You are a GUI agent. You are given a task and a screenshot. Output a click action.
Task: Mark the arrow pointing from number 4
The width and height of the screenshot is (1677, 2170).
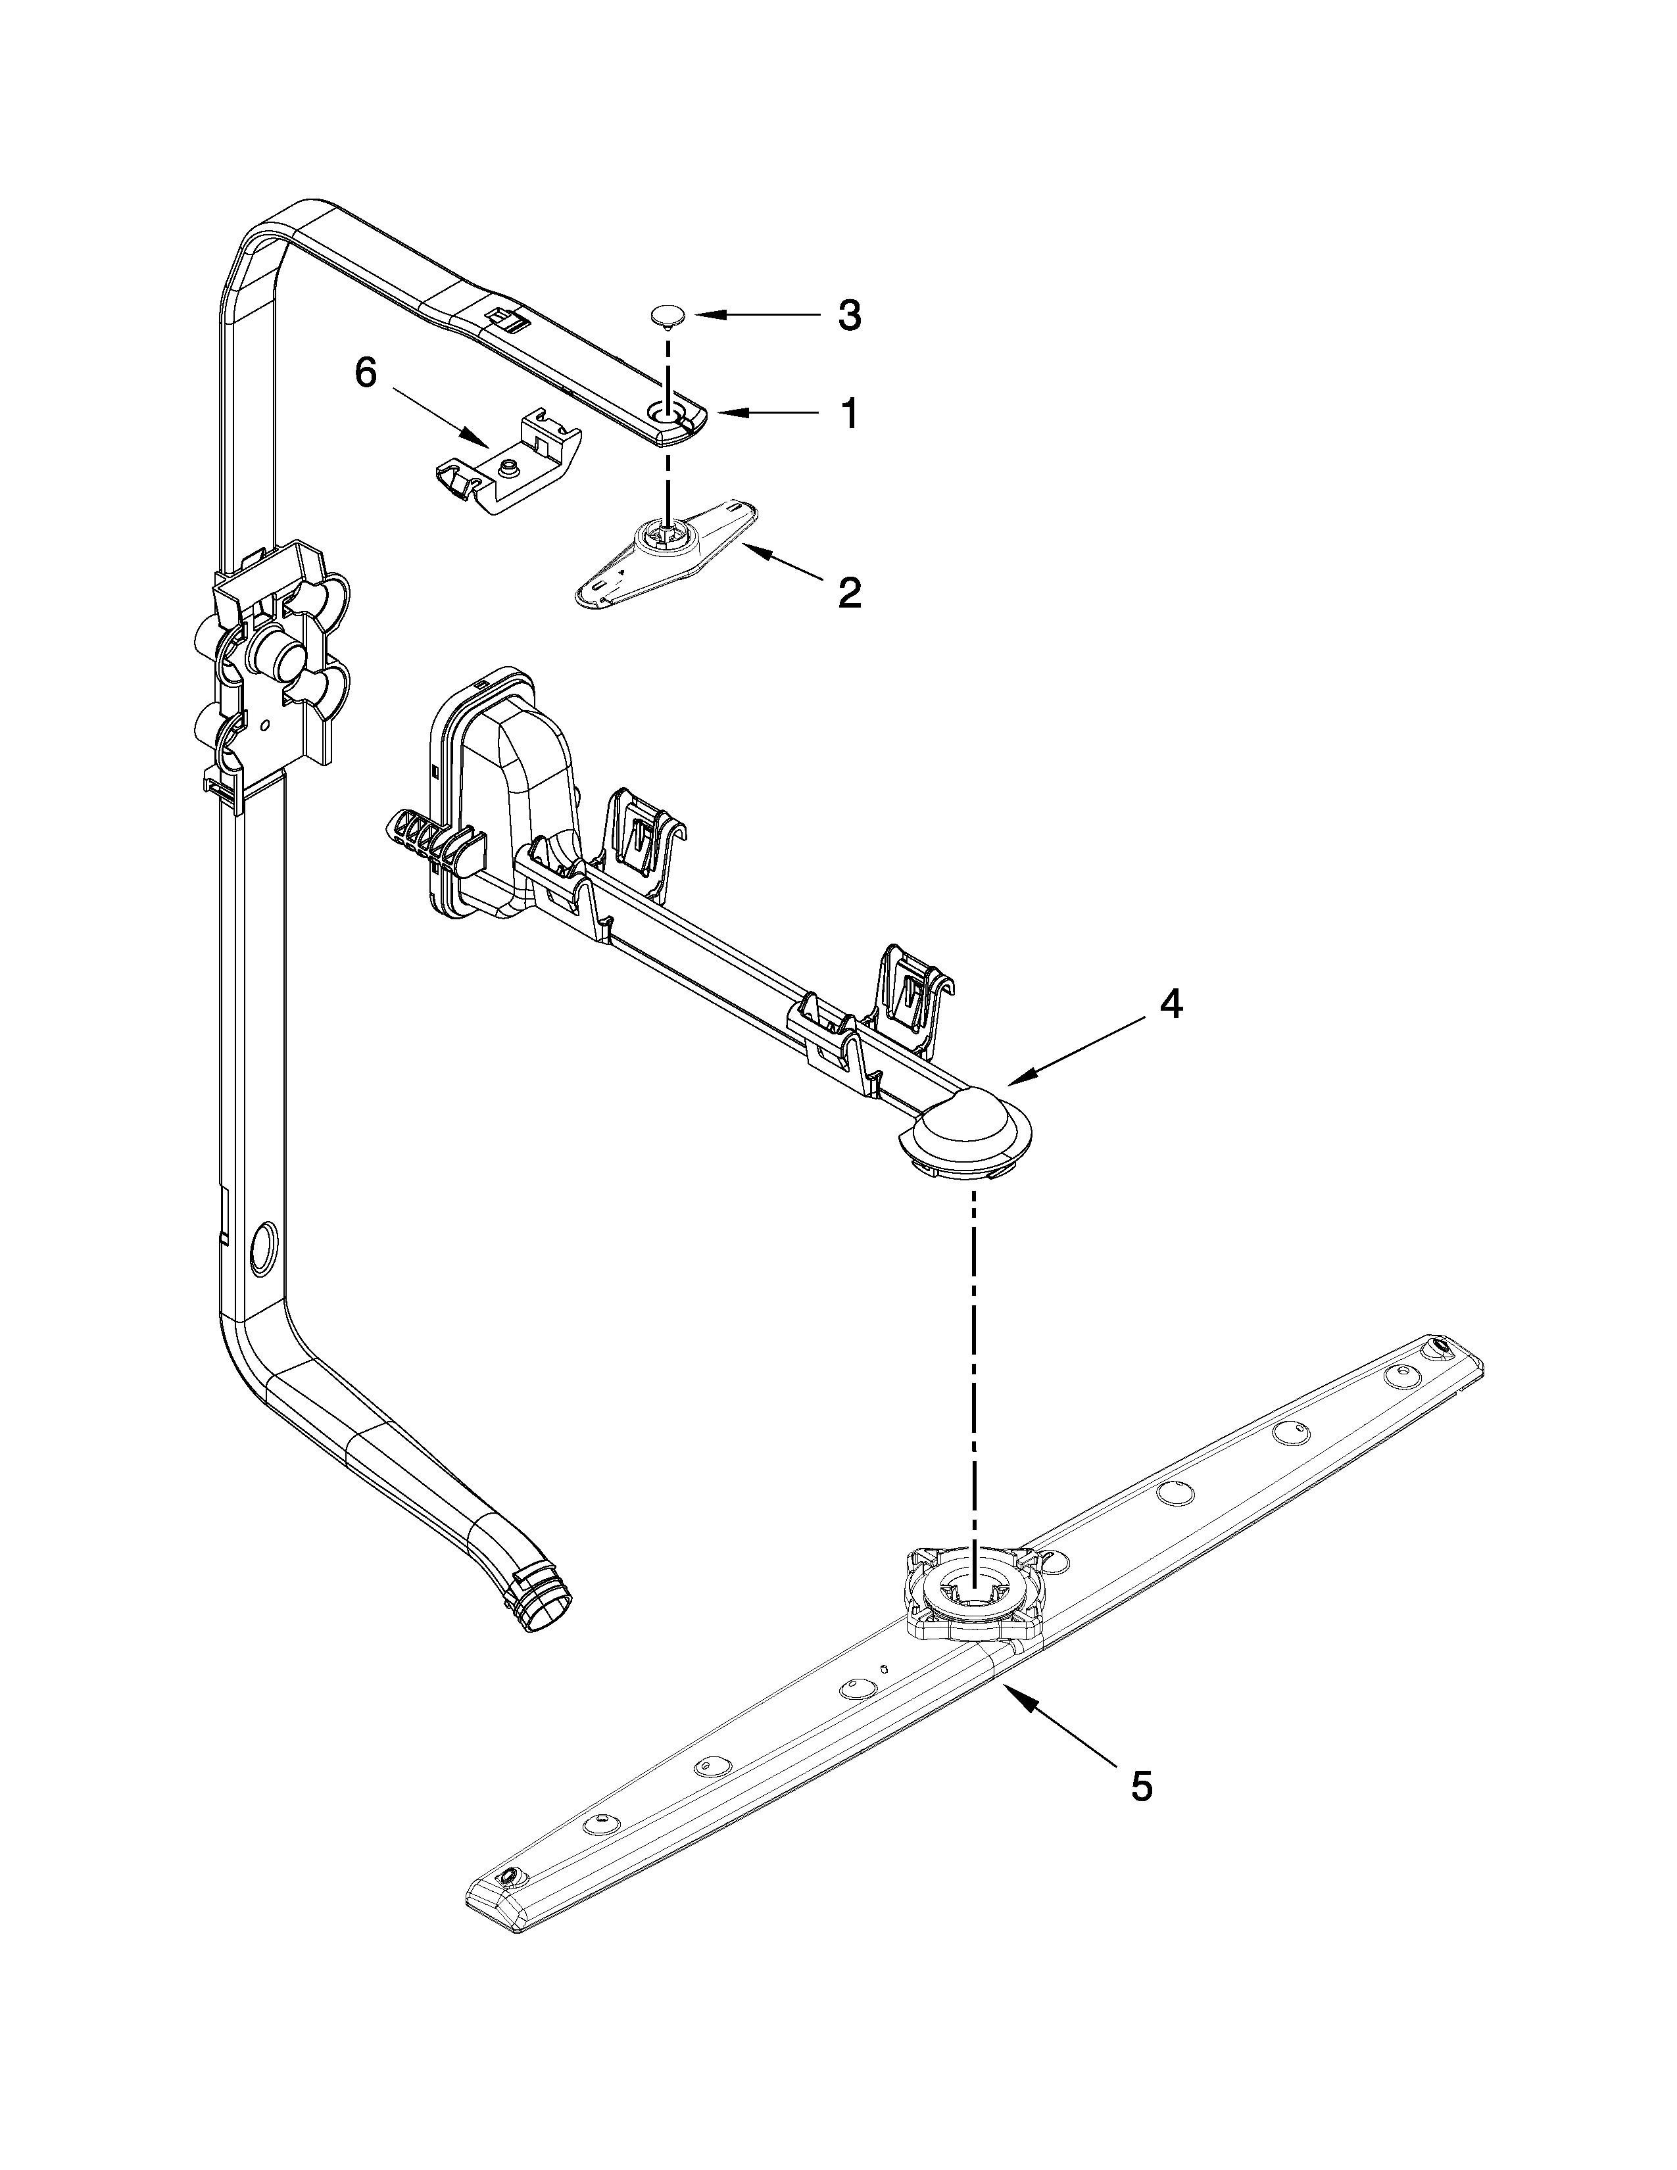(x=1073, y=1053)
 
